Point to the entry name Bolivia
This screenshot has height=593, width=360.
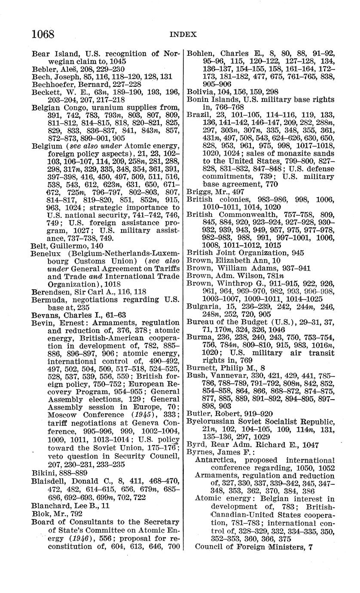tap(198, 92)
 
